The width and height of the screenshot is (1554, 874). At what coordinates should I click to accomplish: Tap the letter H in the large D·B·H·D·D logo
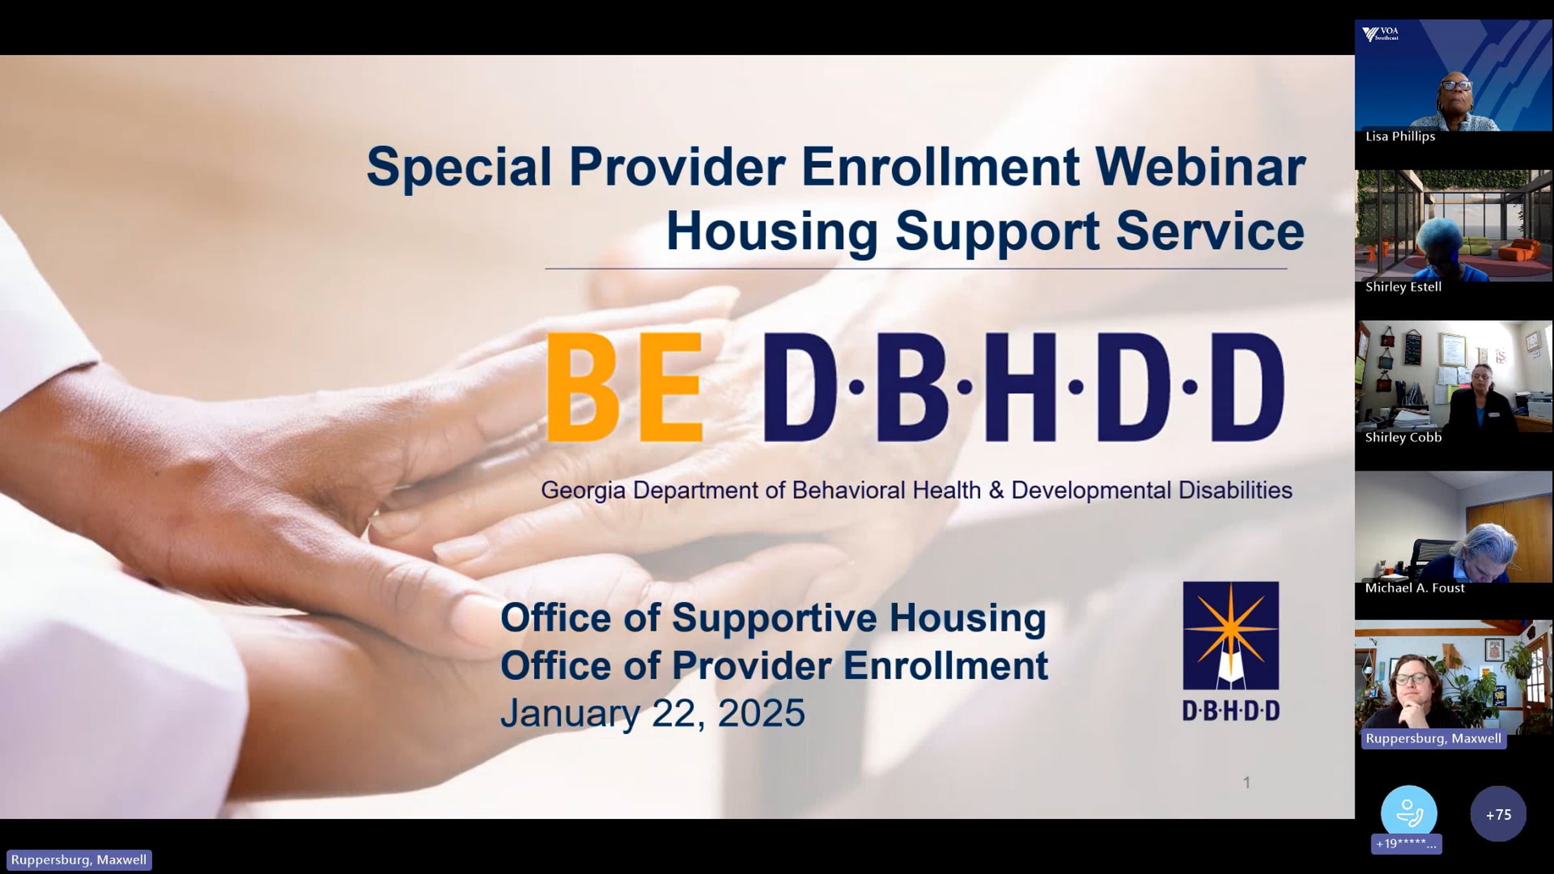[1020, 387]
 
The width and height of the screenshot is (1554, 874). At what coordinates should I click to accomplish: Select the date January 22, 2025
[652, 713]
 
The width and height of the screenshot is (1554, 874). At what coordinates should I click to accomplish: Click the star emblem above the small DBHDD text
[1230, 635]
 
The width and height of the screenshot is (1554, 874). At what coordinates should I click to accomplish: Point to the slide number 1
[1246, 783]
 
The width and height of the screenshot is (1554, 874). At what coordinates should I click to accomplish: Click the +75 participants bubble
[1498, 814]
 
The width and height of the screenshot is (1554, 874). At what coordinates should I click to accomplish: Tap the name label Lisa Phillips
[1400, 137]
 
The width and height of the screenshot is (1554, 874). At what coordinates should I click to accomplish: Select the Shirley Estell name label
[1403, 287]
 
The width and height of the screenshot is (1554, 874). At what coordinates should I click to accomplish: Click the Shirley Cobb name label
[1403, 438]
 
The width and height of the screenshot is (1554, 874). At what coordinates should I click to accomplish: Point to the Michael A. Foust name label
[1415, 588]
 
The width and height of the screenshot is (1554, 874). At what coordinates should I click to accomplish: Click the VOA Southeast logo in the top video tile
[1380, 34]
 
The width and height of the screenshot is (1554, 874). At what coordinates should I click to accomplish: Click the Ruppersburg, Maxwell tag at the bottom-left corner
[78, 860]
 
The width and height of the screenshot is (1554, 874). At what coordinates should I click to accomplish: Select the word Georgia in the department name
[583, 490]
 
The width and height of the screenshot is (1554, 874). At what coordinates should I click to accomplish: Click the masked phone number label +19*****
[1406, 844]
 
